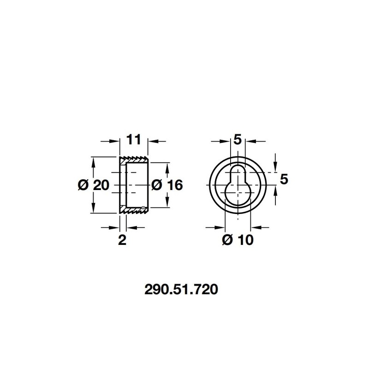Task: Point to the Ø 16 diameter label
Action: pyautogui.click(x=167, y=185)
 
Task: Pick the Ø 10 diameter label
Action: pyautogui.click(x=237, y=240)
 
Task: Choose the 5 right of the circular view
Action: pyautogui.click(x=284, y=179)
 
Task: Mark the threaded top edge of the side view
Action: pyautogui.click(x=135, y=160)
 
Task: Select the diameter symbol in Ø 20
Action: pyautogui.click(x=83, y=185)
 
